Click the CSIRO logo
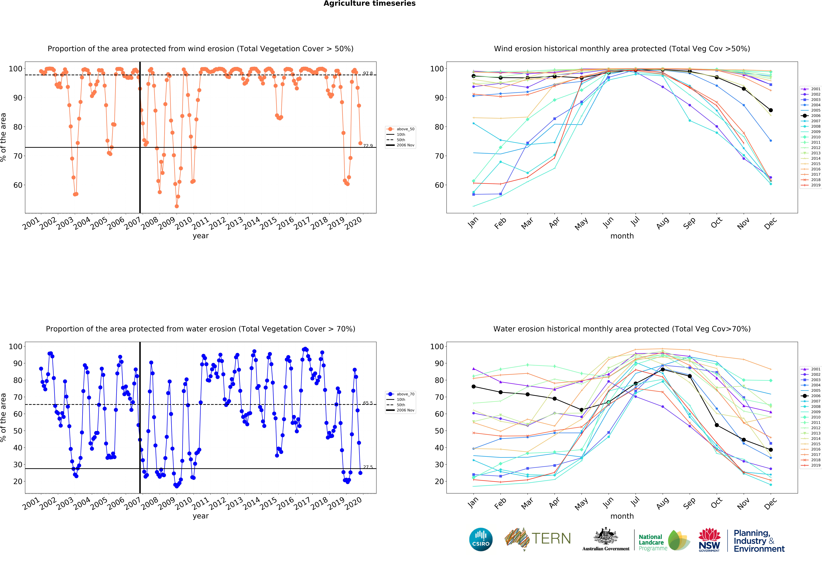pos(481,539)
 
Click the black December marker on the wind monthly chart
pos(771,110)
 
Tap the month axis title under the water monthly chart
pos(622,516)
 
